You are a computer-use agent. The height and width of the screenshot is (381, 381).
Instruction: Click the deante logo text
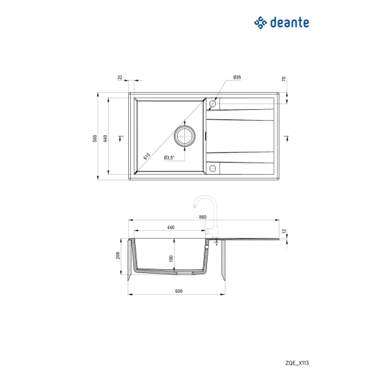[290, 23]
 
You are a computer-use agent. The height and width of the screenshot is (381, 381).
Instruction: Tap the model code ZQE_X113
[297, 363]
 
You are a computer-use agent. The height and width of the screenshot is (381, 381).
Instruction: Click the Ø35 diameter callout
[237, 77]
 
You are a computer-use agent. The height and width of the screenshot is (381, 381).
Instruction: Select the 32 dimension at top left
[120, 77]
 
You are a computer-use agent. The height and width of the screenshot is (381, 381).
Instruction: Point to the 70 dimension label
[284, 79]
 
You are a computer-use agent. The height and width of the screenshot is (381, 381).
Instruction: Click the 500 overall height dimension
[95, 138]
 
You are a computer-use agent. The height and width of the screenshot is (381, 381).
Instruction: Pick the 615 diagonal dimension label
[147, 156]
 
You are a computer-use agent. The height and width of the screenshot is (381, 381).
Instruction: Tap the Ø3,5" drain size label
[169, 157]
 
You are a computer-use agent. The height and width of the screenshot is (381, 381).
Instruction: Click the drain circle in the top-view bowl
[185, 136]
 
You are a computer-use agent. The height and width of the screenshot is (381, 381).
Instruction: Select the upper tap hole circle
[213, 104]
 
